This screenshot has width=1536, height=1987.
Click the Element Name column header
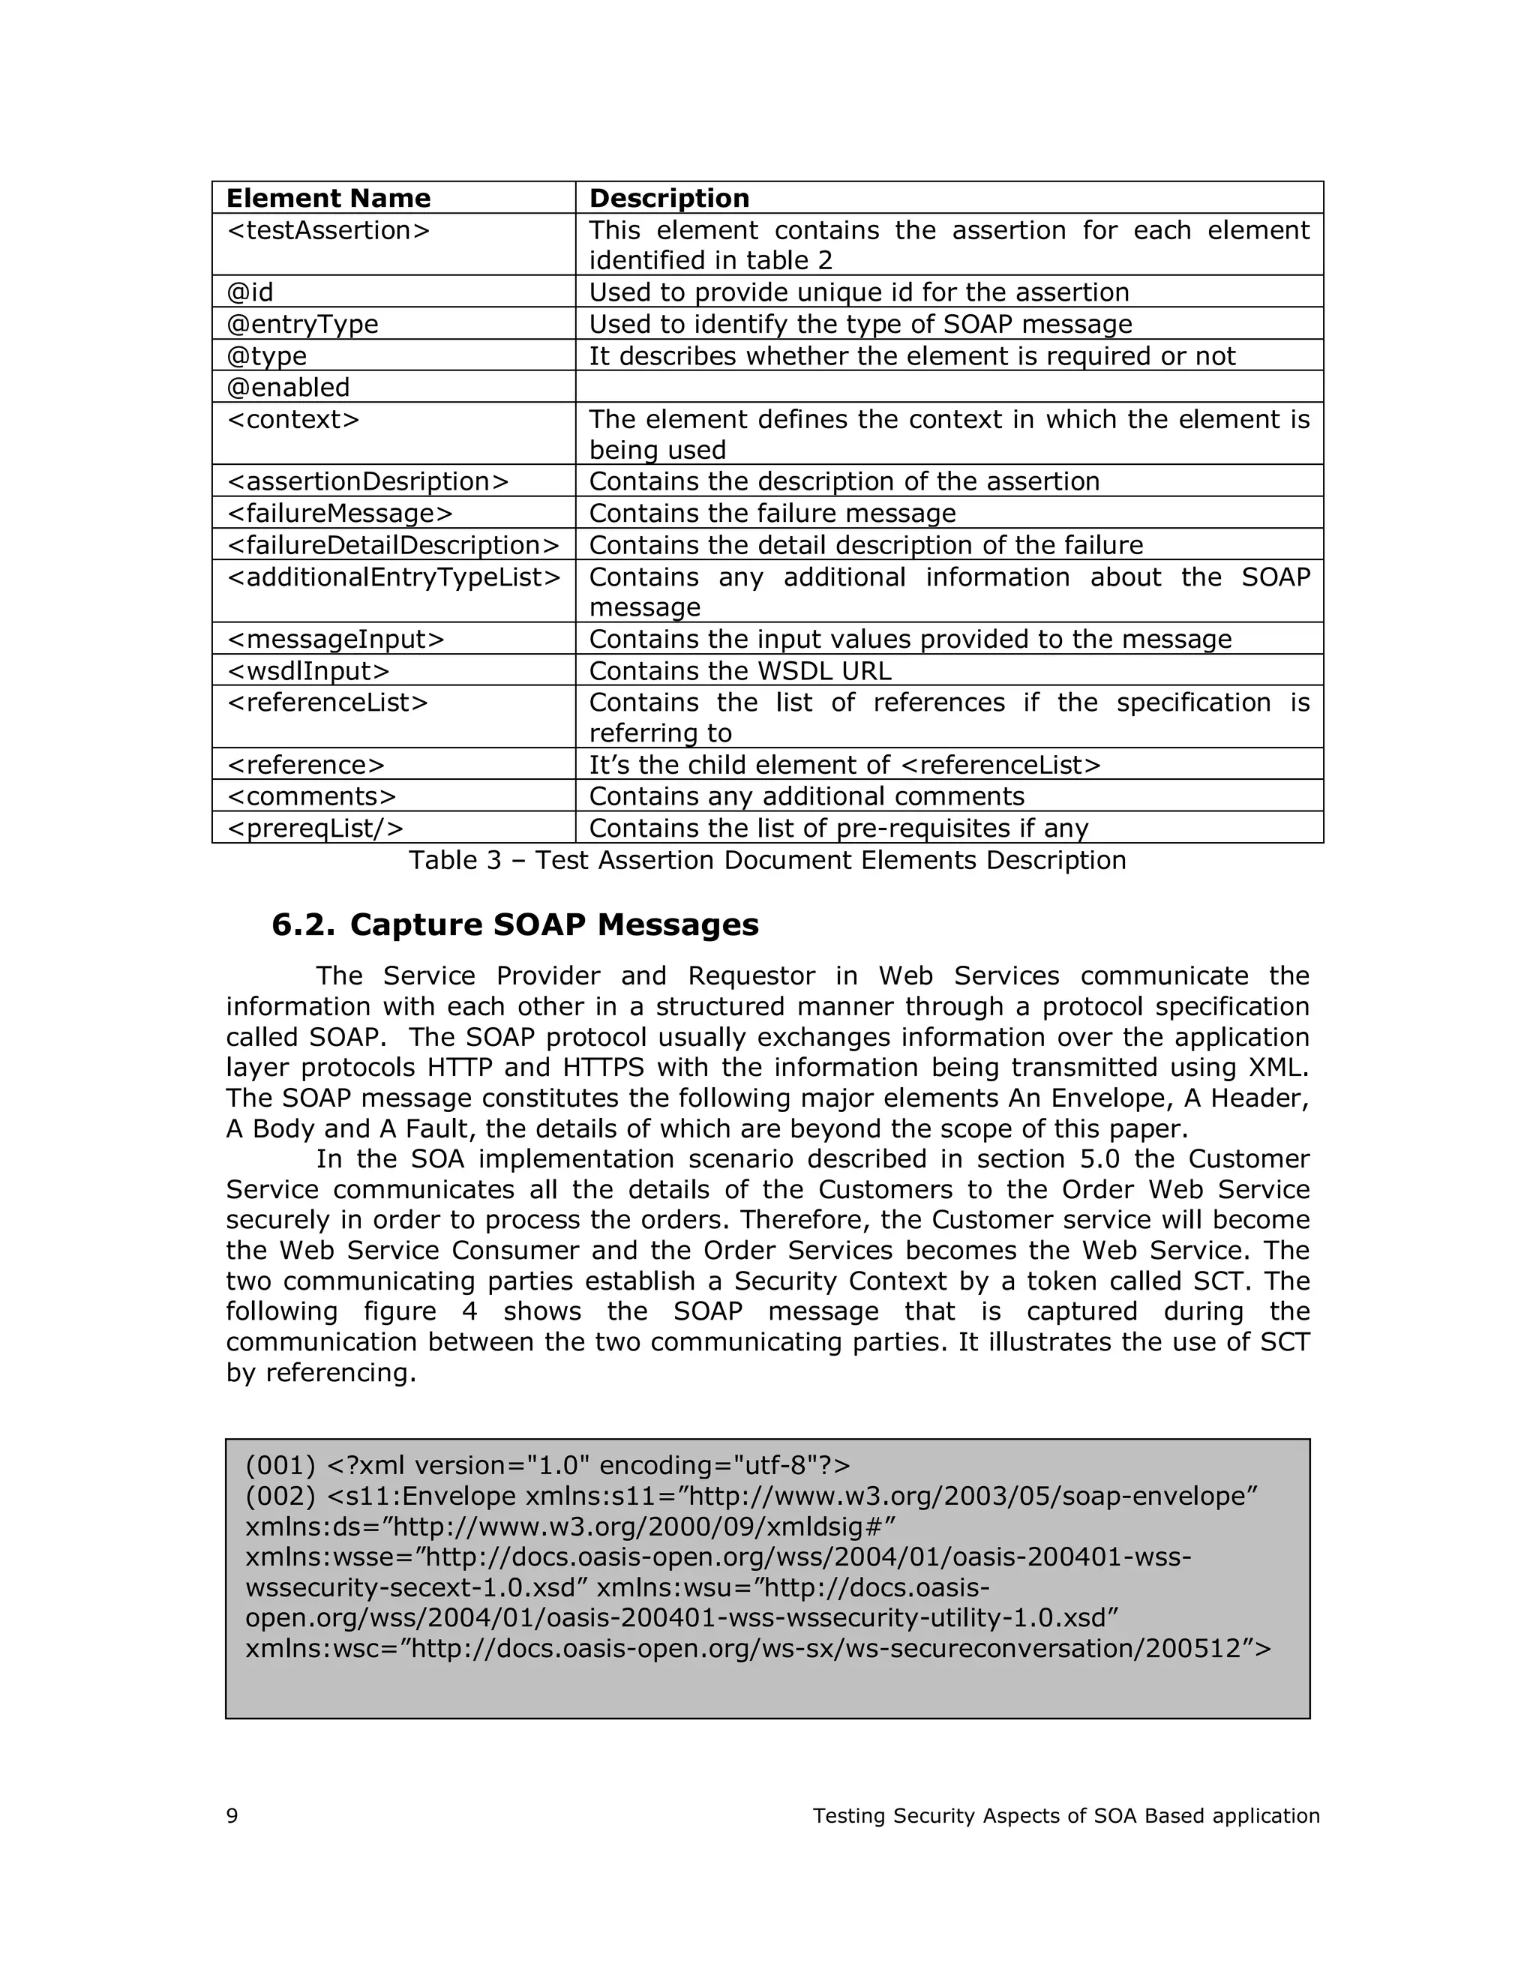pyautogui.click(x=328, y=199)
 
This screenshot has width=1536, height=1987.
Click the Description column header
pyautogui.click(x=669, y=199)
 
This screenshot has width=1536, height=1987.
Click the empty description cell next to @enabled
pyautogui.click(x=948, y=387)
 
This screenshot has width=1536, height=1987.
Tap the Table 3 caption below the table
pyautogui.click(x=767, y=860)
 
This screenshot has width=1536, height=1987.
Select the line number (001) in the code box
pyautogui.click(x=280, y=1466)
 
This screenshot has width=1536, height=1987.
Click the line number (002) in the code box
pyautogui.click(x=280, y=1497)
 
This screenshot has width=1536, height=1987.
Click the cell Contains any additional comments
pyautogui.click(x=806, y=796)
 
